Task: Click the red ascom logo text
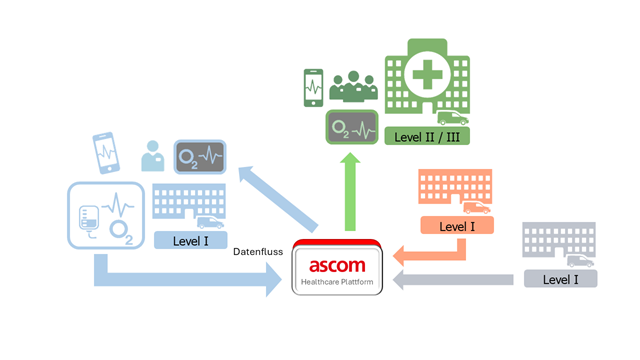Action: click(x=337, y=266)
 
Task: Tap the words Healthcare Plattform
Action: click(x=337, y=282)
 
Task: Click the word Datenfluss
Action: click(x=258, y=252)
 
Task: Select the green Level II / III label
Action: click(x=427, y=136)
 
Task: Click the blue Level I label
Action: click(x=191, y=241)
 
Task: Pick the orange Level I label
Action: click(x=457, y=226)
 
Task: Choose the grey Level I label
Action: click(x=561, y=279)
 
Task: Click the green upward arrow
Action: click(x=350, y=192)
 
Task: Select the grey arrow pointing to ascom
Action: click(x=453, y=280)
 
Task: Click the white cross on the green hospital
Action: click(x=427, y=75)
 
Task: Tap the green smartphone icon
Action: click(x=313, y=88)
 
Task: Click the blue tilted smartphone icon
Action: click(x=106, y=153)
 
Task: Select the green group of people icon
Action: click(x=353, y=87)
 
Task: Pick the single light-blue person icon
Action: click(x=153, y=156)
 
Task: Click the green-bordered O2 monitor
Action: click(x=352, y=127)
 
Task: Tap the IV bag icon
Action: click(x=89, y=221)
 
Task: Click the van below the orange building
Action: click(x=477, y=208)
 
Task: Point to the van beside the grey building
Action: click(x=580, y=261)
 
